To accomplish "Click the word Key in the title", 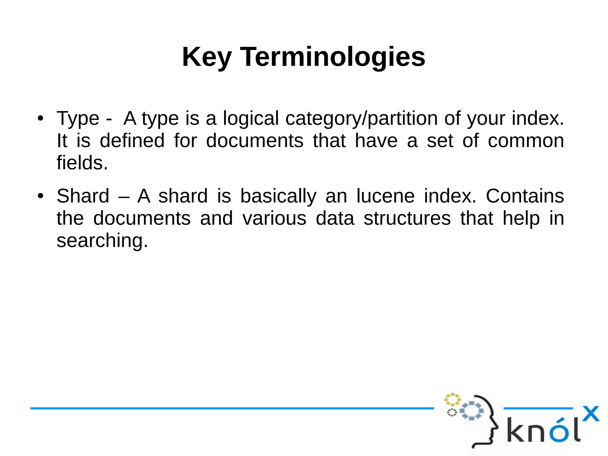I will tap(207, 57).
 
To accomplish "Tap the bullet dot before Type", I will tap(41, 119).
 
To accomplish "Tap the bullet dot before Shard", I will tap(41, 196).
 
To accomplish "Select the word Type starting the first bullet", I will tap(78, 119).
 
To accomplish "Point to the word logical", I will tap(251, 119).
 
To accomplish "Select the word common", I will tap(526, 141).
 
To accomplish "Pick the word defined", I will tap(132, 141).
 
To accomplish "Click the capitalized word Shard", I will tap(83, 196).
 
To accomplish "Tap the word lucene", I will tap(385, 196).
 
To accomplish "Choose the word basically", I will tap(278, 196).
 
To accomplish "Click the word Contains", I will tap(525, 196).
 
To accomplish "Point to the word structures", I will tap(407, 218).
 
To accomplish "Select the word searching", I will tap(102, 240).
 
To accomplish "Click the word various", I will tap(274, 218).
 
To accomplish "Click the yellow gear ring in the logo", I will tap(452, 400).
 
